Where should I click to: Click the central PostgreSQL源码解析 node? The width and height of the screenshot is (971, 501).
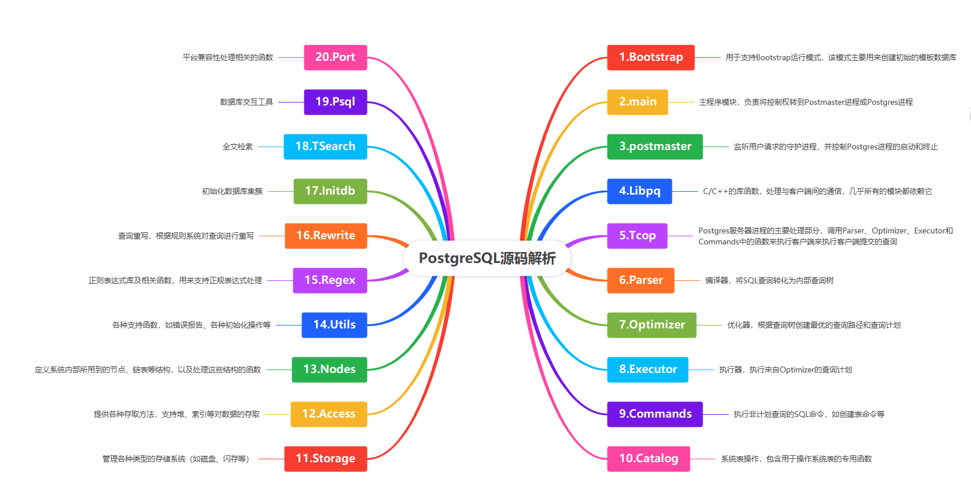487,258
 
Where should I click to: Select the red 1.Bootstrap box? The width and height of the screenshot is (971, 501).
650,57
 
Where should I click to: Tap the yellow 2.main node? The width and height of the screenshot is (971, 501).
637,102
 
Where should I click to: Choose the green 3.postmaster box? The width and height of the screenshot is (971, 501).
654,147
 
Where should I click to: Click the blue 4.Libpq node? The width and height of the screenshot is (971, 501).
639,191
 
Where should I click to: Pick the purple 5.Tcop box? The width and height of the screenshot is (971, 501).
637,236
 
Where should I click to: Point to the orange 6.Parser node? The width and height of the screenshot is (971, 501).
641,280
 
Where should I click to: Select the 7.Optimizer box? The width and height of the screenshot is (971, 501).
652,325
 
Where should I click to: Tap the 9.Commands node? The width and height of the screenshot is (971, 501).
654,414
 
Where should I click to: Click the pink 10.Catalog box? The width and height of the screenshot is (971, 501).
648,459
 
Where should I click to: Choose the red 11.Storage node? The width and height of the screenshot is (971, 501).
325,459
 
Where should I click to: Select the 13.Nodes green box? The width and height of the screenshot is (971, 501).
329,370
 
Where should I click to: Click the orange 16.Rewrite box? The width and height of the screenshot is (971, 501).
326,236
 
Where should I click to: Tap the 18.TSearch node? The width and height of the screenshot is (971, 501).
325,147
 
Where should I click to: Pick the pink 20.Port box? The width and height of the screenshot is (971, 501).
335,57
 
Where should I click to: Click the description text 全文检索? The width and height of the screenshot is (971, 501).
238,147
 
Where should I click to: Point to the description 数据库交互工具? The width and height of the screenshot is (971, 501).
246,103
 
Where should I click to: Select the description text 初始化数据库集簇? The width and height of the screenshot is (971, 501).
232,192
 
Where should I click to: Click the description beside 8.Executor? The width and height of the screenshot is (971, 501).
785,370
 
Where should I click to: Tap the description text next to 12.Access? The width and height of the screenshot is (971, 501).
177,415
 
